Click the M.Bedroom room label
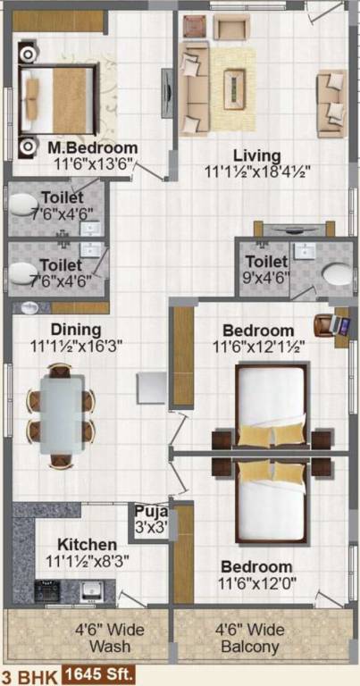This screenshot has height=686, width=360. pyautogui.click(x=93, y=148)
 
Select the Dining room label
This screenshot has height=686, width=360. pyautogui.click(x=75, y=329)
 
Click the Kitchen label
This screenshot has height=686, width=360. pyautogui.click(x=87, y=545)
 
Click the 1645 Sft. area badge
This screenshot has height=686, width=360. pyautogui.click(x=98, y=676)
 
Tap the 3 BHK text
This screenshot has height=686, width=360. pyautogui.click(x=28, y=676)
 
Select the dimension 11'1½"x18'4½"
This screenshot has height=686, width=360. pyautogui.click(x=258, y=171)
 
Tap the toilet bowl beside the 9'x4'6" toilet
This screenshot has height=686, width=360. pyautogui.click(x=334, y=272)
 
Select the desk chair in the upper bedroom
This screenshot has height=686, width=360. pyautogui.click(x=323, y=323)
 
